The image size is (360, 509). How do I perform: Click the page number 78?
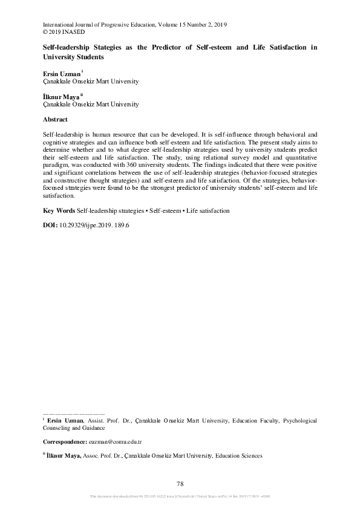[180, 484]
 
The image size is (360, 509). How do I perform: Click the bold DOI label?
[50, 224]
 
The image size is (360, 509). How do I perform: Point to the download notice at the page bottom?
[180, 497]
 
